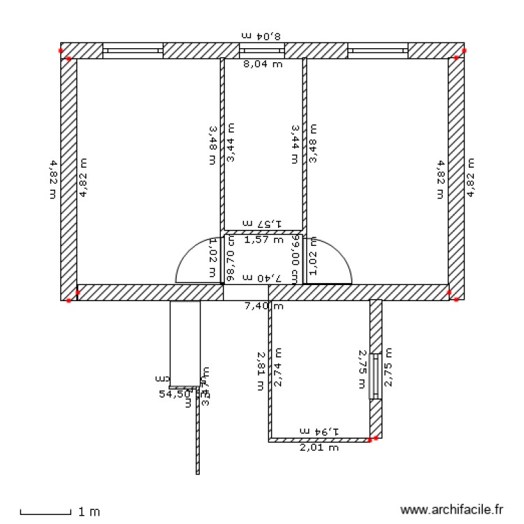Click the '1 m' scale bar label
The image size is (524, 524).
pos(89,512)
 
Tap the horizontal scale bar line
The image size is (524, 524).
pos(45,514)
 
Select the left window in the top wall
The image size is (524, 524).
pos(133,50)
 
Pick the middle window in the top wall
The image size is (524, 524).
pos(262,50)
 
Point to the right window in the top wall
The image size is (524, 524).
pos(377,50)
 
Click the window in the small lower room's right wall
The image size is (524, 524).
pos(375,376)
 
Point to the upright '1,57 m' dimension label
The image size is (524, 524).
pos(263,240)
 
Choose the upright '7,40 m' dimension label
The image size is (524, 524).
pos(263,306)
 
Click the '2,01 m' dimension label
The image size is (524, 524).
pos(319,448)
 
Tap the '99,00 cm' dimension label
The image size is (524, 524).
pos(296,259)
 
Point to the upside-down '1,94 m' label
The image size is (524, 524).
pos(319,431)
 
